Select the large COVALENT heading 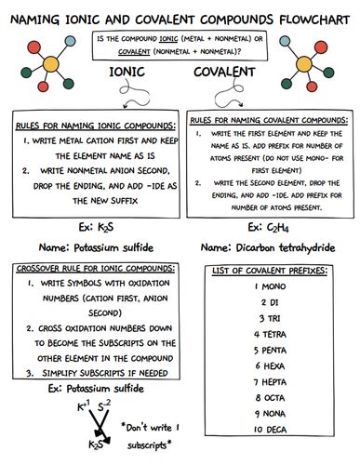click(x=225, y=73)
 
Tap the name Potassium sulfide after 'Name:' click(x=108, y=248)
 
